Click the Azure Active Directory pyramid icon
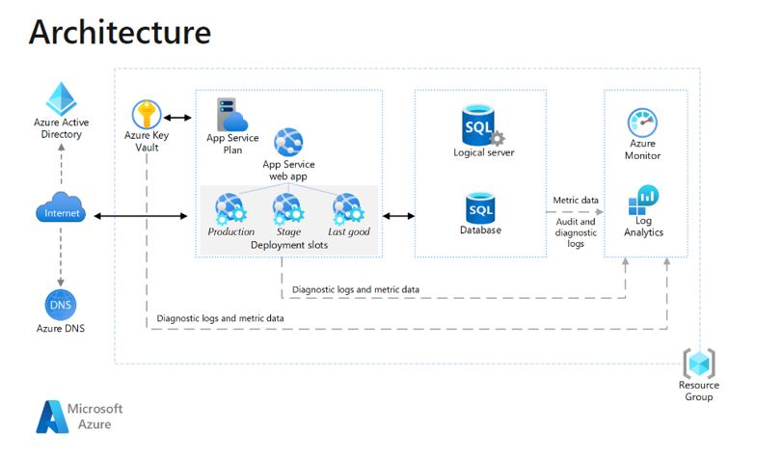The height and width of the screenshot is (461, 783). coord(61,98)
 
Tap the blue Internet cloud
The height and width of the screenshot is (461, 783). coord(61,207)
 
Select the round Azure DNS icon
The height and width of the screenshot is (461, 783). coord(61,305)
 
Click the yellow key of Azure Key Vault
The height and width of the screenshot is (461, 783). coord(147,115)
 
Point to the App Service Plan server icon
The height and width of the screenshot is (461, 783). coord(231,115)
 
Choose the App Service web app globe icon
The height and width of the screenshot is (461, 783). coord(288,143)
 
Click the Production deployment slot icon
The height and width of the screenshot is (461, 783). coord(230,208)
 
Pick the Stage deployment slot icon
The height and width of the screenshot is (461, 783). coord(288,208)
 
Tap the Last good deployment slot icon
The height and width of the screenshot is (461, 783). coord(348,208)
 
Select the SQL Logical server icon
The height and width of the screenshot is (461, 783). coord(482,125)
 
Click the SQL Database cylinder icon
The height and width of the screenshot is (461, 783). coord(480,207)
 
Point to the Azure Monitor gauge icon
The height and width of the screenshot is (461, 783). coord(642,122)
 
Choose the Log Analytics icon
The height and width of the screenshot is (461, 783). coord(643,200)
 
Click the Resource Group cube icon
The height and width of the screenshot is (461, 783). coord(699,363)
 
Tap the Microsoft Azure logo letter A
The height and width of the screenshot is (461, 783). coord(51,417)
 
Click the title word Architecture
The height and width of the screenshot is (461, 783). coord(120,32)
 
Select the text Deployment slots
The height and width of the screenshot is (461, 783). coord(289,245)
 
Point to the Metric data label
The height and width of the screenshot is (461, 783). coord(576,200)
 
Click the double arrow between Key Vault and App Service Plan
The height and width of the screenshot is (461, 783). coord(177,118)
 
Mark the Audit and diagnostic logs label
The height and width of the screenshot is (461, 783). coord(576,232)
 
